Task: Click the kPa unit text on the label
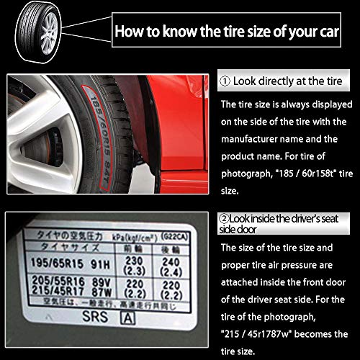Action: point(120,235)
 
